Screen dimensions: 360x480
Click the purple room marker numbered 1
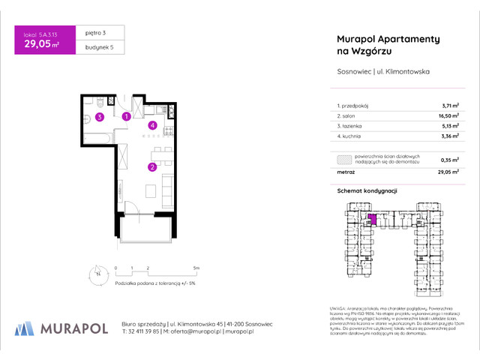(x=127, y=116)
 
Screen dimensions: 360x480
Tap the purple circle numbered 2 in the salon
(x=151, y=166)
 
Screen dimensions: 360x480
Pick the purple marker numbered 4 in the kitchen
(x=152, y=125)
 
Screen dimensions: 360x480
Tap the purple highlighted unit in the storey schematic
(x=372, y=220)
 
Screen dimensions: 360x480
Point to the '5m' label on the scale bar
(x=196, y=267)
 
